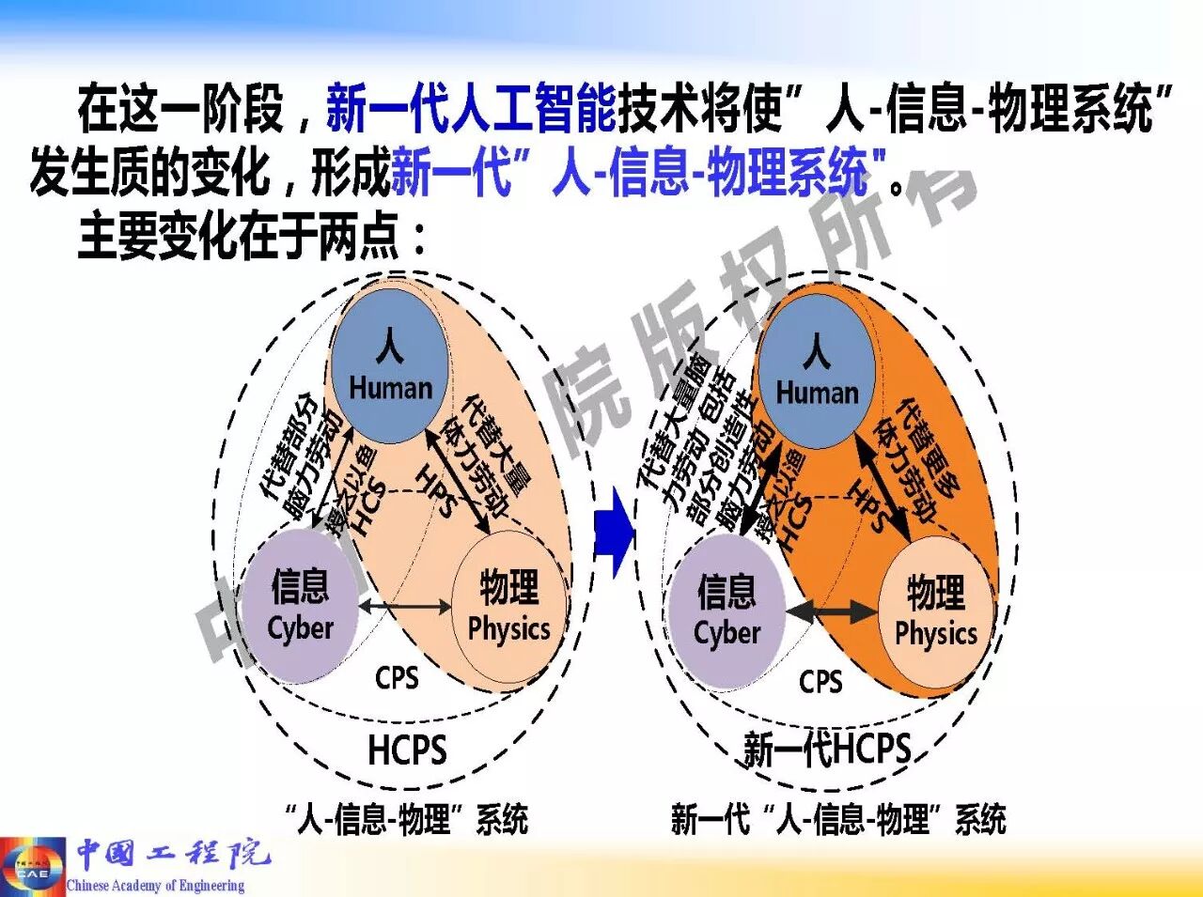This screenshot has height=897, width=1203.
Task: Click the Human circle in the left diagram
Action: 389,366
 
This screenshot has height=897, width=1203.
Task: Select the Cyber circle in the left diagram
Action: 300,606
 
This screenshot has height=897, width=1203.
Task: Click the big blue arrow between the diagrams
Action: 613,532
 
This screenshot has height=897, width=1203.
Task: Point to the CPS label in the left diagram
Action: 397,677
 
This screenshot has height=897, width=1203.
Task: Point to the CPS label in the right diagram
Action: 820,681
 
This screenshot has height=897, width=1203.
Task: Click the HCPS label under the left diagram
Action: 407,750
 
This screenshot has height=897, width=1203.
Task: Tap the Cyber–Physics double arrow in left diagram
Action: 405,607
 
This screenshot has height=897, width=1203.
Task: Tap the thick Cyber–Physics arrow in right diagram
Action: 831,612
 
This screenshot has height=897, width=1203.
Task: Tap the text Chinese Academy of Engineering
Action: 155,885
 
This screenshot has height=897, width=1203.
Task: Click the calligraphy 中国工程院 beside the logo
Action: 173,854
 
